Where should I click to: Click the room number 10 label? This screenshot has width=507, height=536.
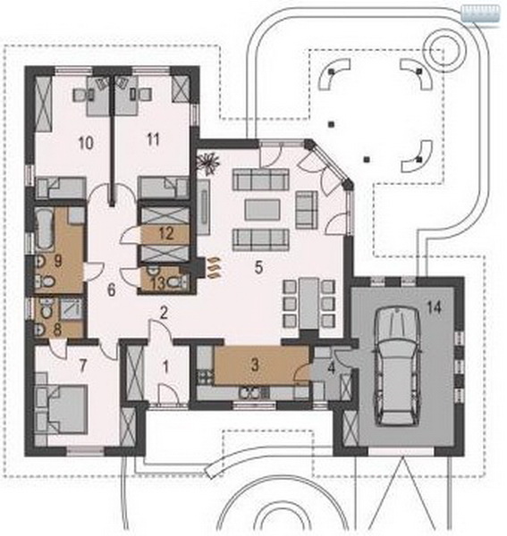(86, 143)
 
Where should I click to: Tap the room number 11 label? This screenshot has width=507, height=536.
(152, 139)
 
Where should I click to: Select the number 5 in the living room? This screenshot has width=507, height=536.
(258, 268)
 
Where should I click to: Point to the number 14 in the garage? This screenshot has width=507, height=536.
(435, 307)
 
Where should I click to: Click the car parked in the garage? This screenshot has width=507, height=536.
(397, 366)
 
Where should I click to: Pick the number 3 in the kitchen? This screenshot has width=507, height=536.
(255, 364)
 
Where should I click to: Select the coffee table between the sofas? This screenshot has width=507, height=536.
(262, 210)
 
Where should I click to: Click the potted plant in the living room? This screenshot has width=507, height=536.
(207, 163)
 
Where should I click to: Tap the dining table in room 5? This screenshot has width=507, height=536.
(309, 301)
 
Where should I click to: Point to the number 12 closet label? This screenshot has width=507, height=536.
(166, 234)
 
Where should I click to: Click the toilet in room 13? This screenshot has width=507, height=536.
(178, 281)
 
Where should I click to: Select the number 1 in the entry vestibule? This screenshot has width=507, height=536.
(166, 367)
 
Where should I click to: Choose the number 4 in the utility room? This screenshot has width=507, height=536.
(331, 369)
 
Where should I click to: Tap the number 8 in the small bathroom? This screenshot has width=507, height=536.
(57, 330)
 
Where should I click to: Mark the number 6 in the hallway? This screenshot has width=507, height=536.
(112, 290)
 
